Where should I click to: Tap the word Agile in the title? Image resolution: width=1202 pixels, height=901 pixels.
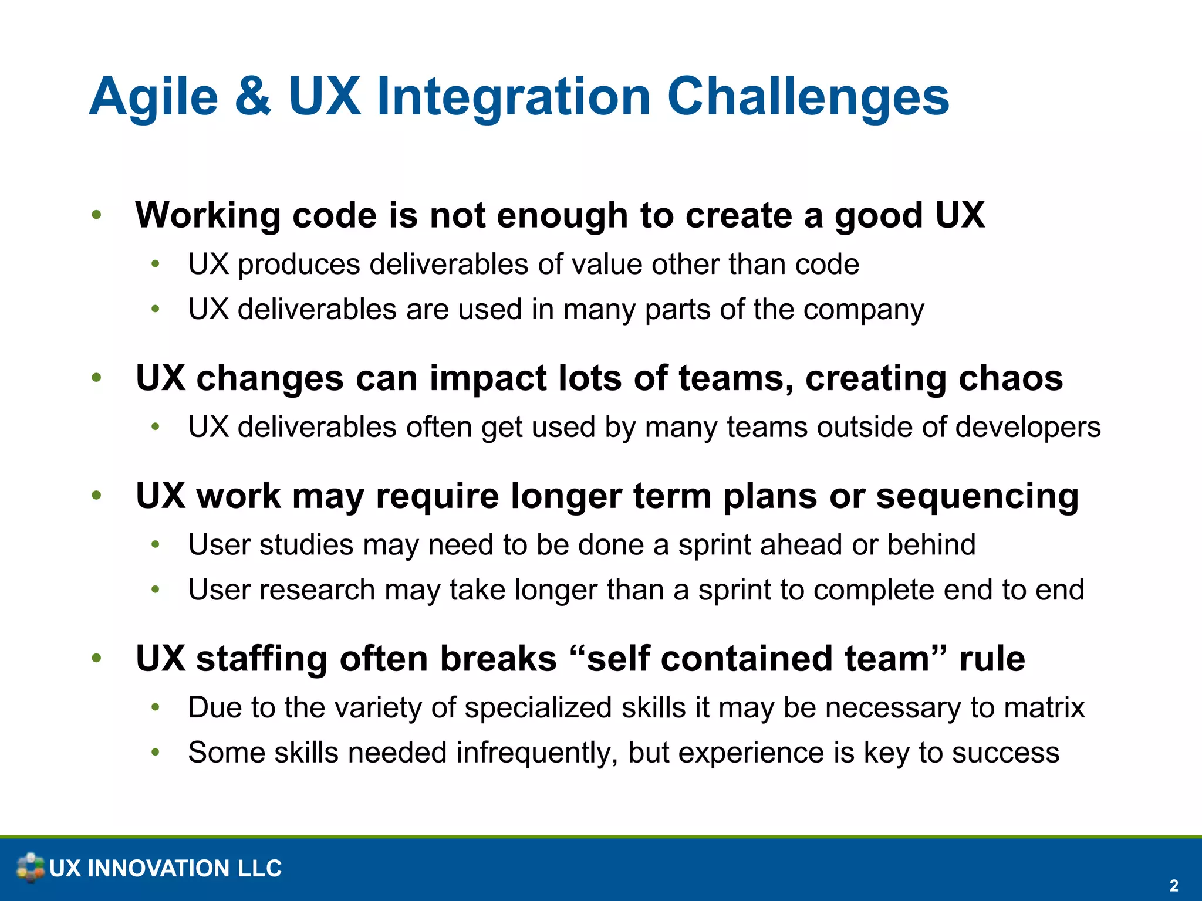click(154, 97)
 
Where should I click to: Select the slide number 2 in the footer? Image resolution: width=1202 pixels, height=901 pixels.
click(1173, 885)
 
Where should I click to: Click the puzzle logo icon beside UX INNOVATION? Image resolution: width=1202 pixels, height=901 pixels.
click(30, 868)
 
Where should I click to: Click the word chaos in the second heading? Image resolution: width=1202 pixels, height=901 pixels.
click(1010, 378)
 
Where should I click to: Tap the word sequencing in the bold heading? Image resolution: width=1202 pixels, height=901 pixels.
click(977, 496)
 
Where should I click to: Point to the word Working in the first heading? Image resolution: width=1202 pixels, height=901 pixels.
click(208, 215)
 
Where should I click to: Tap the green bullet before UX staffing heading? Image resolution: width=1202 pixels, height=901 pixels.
click(97, 658)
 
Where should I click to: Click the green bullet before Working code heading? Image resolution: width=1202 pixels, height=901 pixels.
click(97, 215)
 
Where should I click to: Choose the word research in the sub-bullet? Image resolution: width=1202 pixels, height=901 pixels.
click(316, 590)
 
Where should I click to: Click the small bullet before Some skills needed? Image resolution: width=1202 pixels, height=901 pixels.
click(155, 752)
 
